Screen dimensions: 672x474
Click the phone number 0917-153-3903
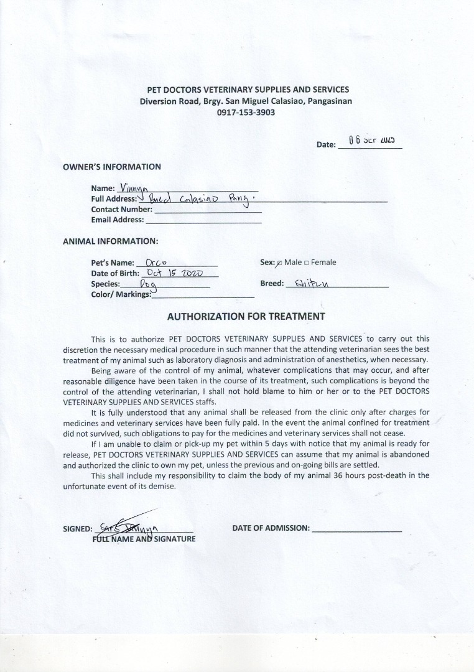tap(246, 113)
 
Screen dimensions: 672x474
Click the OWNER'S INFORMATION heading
tap(112, 167)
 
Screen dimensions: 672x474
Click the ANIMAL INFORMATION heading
tap(111, 241)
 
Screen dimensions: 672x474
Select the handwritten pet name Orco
tap(155, 263)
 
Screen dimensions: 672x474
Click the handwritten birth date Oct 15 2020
tap(174, 273)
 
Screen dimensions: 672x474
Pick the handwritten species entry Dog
tap(148, 284)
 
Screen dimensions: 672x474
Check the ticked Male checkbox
tap(279, 263)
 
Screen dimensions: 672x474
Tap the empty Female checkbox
tap(307, 263)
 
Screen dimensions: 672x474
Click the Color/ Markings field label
tap(121, 294)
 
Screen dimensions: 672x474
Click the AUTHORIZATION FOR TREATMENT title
tap(246, 316)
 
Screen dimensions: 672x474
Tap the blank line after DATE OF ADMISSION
tap(356, 528)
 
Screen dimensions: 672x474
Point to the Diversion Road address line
tap(246, 101)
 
